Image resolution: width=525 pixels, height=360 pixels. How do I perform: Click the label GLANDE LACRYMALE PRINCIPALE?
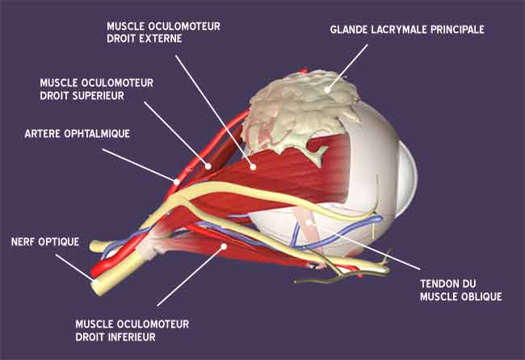406,30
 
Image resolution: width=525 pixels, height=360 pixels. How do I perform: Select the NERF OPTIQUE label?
45,241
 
